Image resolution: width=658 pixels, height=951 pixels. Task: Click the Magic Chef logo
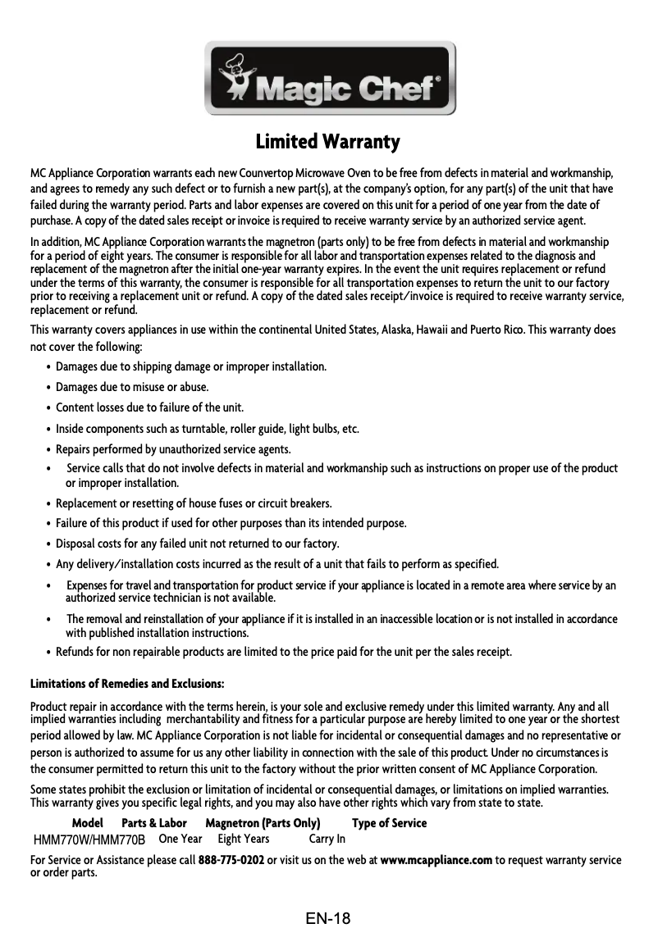click(330, 79)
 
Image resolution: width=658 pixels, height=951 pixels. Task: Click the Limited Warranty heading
click(328, 142)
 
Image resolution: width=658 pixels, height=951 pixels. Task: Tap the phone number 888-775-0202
click(231, 860)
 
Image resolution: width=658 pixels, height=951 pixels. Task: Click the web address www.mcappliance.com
click(436, 860)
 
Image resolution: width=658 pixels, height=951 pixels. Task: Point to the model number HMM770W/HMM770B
click(89, 840)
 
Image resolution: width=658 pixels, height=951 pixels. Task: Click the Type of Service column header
click(389, 823)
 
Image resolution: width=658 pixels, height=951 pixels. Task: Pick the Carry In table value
click(327, 839)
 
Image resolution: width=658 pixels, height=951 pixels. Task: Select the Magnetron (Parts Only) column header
click(263, 823)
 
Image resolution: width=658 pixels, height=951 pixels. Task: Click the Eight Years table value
click(244, 839)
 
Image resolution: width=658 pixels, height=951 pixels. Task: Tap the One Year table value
click(180, 839)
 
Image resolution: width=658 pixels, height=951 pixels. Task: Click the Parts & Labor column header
click(154, 823)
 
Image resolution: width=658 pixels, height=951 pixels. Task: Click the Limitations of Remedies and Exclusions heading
click(127, 684)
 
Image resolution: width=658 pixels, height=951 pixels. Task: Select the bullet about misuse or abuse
click(131, 387)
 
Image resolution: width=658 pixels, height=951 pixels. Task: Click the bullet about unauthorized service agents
click(173, 449)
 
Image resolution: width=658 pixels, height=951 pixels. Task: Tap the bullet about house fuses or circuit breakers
click(194, 503)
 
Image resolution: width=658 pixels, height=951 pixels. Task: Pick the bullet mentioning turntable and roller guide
click(207, 429)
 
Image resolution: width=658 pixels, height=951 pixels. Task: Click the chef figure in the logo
click(236, 78)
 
